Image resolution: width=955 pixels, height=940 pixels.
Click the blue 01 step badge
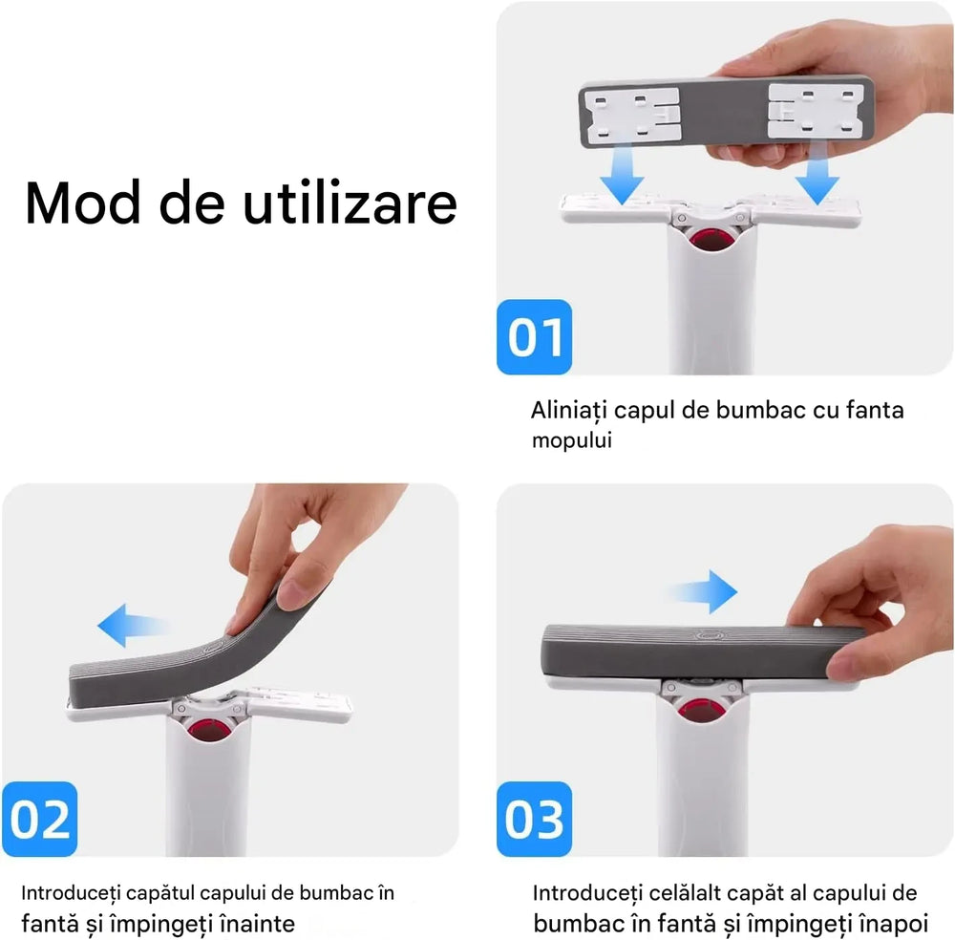pos(534,337)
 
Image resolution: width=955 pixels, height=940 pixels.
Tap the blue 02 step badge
pos(40,819)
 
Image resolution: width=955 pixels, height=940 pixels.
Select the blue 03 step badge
pos(534,819)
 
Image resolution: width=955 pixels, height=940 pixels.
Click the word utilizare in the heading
pos(349,203)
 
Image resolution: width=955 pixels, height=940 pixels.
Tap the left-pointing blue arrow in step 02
pos(134,627)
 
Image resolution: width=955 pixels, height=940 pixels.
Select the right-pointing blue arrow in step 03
pos(706,592)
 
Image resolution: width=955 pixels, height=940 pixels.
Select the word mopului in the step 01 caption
pos(571,440)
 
